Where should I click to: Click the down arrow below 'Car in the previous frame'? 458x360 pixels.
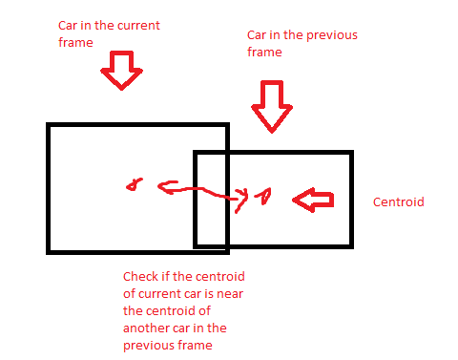(272, 104)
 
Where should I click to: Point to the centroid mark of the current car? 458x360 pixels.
(135, 184)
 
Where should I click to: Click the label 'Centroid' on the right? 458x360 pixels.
(397, 202)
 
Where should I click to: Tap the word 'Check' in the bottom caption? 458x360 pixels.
(139, 277)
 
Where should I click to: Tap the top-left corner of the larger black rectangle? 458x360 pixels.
(49, 125)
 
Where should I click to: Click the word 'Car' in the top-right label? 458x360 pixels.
(256, 35)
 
